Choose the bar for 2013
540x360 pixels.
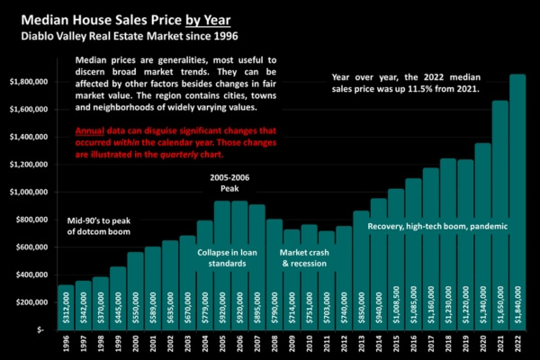(361, 271)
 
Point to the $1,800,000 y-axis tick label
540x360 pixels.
(31, 81)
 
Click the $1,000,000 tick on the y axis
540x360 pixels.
(31, 192)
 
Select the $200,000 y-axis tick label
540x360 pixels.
(35, 302)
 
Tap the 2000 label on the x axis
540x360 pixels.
(135, 343)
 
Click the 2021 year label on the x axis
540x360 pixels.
(500, 343)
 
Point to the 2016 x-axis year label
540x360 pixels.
(413, 343)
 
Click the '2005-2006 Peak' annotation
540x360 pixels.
(229, 184)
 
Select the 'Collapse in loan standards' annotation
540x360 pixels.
(222, 256)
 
